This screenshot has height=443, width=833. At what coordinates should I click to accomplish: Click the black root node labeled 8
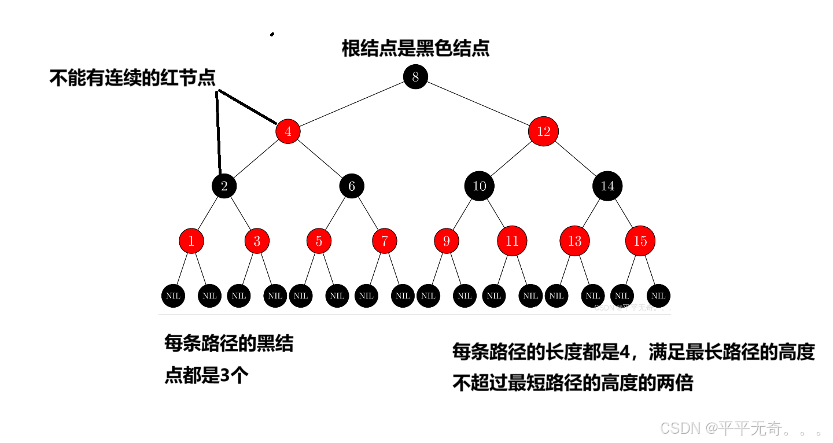point(415,77)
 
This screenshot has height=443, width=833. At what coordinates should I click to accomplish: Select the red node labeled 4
point(288,132)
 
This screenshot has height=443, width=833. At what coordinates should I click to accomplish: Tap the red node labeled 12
point(543,132)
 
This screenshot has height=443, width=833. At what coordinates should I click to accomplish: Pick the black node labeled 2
point(224,186)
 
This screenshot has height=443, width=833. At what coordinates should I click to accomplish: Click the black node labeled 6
point(352,186)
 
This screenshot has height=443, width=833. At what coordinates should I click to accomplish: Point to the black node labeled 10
point(480,186)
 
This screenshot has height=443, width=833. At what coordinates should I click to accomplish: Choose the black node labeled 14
point(607,186)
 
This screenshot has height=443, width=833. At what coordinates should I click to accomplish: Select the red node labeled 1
point(191,241)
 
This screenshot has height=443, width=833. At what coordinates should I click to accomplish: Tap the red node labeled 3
point(257,241)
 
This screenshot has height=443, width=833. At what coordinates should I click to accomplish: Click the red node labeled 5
point(319,241)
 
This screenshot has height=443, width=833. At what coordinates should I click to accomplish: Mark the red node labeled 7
point(385,241)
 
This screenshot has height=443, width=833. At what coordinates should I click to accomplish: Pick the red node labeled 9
point(446,241)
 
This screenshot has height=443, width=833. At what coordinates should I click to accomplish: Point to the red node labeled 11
point(512,241)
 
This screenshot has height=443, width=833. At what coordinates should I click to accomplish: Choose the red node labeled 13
point(574,241)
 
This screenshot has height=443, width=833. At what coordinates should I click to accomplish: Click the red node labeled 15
point(640,241)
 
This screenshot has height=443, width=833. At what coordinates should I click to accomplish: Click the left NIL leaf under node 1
point(173,296)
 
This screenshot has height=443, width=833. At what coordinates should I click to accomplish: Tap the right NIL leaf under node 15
point(658,296)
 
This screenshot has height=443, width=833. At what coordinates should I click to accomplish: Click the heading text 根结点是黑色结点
point(415,49)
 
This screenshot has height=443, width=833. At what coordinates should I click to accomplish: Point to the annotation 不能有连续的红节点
point(132,78)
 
